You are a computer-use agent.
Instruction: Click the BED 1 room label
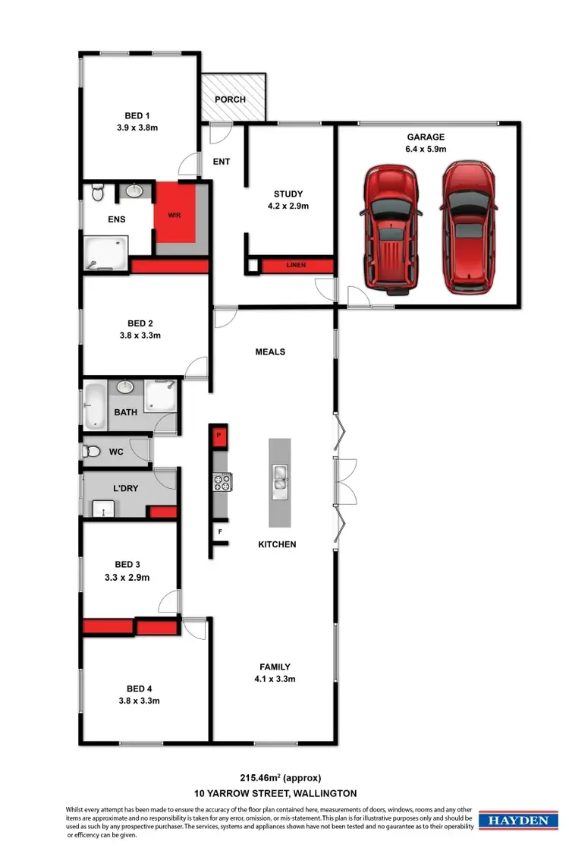[x=137, y=115]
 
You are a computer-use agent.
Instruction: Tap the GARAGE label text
[x=426, y=137]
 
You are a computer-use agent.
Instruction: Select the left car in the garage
[x=391, y=228]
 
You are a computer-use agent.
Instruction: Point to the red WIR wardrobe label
[x=174, y=216]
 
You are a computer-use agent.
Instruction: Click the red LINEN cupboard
[x=296, y=265]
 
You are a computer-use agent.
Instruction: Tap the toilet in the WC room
[x=91, y=452]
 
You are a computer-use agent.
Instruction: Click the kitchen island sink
[x=280, y=477]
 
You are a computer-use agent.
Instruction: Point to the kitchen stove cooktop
[x=222, y=482]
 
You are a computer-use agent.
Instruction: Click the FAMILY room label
[x=274, y=667]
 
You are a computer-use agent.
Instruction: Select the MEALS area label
[x=270, y=351]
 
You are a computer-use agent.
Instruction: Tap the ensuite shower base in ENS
[x=105, y=252]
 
